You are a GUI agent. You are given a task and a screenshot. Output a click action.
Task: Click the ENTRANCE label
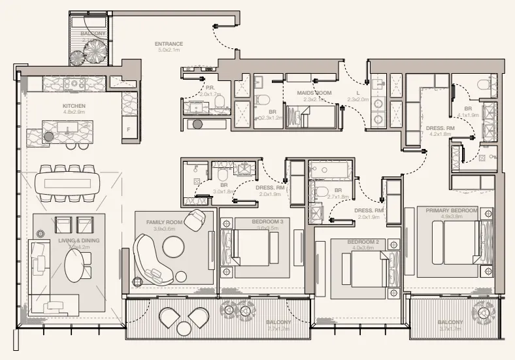(169, 44)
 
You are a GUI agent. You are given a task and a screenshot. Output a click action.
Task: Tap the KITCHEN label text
(75, 105)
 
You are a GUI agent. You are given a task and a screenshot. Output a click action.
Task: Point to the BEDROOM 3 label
(267, 222)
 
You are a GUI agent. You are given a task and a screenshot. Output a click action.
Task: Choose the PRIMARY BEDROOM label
(451, 210)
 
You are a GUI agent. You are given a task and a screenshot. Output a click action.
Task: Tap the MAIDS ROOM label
(315, 93)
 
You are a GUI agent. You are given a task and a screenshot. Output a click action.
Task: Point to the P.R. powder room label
(210, 87)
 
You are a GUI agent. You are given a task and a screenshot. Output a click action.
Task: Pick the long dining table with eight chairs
(68, 182)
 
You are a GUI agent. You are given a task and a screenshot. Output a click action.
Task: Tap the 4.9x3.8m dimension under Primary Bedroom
(451, 217)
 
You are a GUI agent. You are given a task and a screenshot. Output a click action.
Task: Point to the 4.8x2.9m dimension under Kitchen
(75, 112)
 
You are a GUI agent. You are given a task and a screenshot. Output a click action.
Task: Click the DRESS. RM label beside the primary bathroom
(440, 128)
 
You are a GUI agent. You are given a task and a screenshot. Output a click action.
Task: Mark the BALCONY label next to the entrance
(93, 32)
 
